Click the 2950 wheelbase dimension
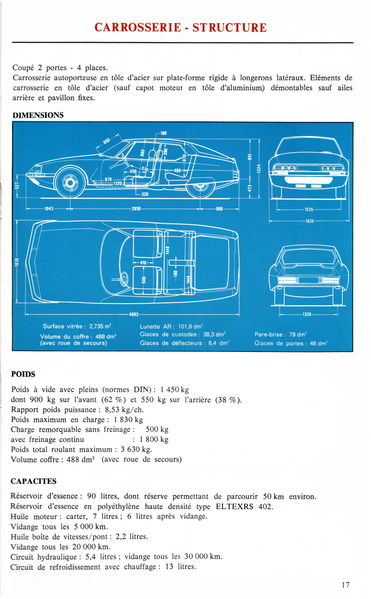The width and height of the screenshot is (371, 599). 136,209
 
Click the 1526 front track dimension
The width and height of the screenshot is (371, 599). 309,210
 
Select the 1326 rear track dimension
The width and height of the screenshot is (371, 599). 307,314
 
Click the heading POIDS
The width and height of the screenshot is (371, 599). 23,373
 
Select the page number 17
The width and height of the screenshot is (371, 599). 345,585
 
